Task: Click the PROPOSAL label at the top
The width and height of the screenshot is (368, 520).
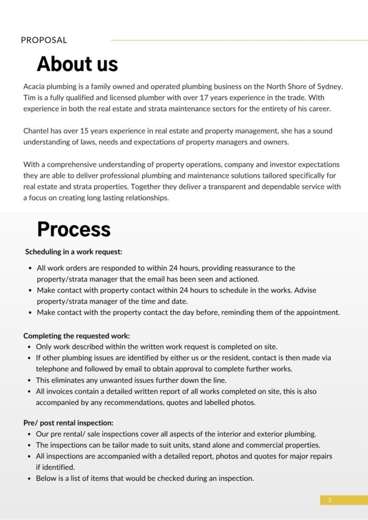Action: [44, 40]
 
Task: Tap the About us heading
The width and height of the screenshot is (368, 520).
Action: [77, 64]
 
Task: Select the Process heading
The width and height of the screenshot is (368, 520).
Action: [74, 230]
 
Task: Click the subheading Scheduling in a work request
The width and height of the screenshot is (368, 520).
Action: [74, 251]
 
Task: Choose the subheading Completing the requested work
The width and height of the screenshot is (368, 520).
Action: [77, 336]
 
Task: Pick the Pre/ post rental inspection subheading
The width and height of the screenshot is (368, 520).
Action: [69, 422]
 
